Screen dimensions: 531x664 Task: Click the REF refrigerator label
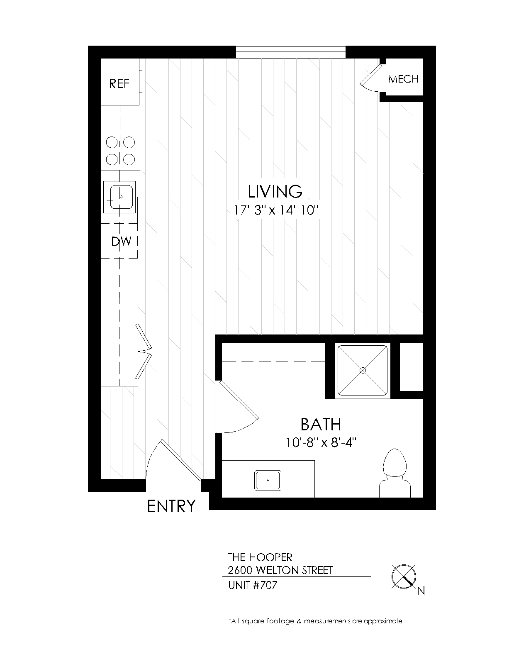click(x=119, y=83)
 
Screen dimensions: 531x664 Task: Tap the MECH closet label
click(x=403, y=79)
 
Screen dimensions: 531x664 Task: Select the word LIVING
click(x=275, y=191)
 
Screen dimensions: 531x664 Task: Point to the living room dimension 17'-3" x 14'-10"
click(x=275, y=210)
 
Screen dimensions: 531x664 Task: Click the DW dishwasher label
click(x=121, y=241)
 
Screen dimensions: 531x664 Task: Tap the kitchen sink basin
click(x=120, y=197)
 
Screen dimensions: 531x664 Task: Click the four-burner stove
click(x=120, y=151)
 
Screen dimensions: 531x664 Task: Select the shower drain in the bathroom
click(x=363, y=370)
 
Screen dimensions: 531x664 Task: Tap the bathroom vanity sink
click(x=268, y=481)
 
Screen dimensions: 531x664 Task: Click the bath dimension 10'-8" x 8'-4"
click(x=321, y=443)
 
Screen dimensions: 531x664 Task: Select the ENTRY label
click(x=171, y=506)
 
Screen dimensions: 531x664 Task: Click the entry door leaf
click(x=181, y=460)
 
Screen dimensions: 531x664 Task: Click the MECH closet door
click(x=371, y=75)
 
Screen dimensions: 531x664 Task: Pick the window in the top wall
click(x=291, y=52)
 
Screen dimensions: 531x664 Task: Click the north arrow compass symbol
click(x=404, y=576)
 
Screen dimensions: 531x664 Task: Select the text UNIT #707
click(x=253, y=585)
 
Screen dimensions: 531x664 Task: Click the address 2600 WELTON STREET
click(x=280, y=570)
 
